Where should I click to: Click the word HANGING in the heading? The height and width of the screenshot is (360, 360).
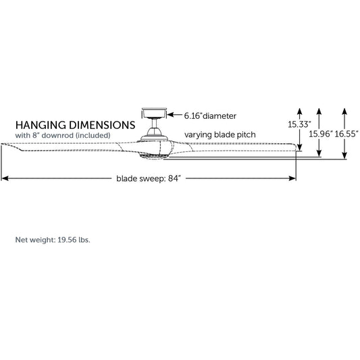[41, 125]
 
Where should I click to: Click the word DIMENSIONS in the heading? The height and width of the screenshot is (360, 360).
[102, 125]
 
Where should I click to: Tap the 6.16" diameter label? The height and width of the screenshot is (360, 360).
[210, 116]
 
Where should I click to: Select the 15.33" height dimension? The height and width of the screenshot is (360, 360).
[299, 124]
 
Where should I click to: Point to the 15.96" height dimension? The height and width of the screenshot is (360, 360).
[320, 134]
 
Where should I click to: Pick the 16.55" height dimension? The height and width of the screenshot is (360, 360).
[346, 134]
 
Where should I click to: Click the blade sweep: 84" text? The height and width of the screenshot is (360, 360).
[149, 178]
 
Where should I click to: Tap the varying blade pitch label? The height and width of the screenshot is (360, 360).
[220, 134]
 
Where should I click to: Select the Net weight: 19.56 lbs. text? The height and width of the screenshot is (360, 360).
[53, 240]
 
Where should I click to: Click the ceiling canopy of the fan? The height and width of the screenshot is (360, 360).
[154, 113]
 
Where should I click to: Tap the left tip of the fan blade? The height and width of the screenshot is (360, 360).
[1, 144]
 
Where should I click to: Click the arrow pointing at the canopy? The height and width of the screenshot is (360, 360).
[174, 115]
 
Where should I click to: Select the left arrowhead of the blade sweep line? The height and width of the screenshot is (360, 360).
[5, 178]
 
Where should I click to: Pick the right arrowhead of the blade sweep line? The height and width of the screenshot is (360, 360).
[292, 178]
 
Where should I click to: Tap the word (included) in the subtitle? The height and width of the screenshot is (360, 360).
[93, 136]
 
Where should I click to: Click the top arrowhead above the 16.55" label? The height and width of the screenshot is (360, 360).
[344, 111]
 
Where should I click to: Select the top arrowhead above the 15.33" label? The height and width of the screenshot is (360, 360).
[299, 111]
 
